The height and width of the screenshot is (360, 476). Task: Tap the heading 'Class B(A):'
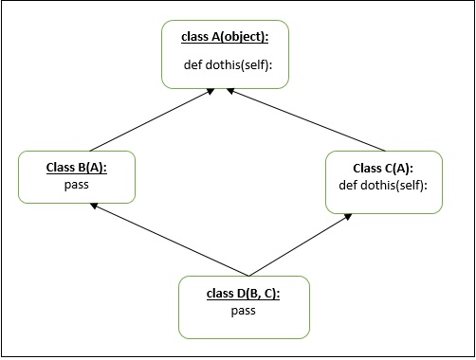(x=77, y=169)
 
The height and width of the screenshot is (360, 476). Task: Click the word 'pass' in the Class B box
(x=77, y=184)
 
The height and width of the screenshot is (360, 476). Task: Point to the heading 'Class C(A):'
(x=383, y=168)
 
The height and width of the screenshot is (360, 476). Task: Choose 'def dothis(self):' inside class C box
(x=383, y=184)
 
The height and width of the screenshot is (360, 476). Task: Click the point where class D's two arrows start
(x=248, y=275)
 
